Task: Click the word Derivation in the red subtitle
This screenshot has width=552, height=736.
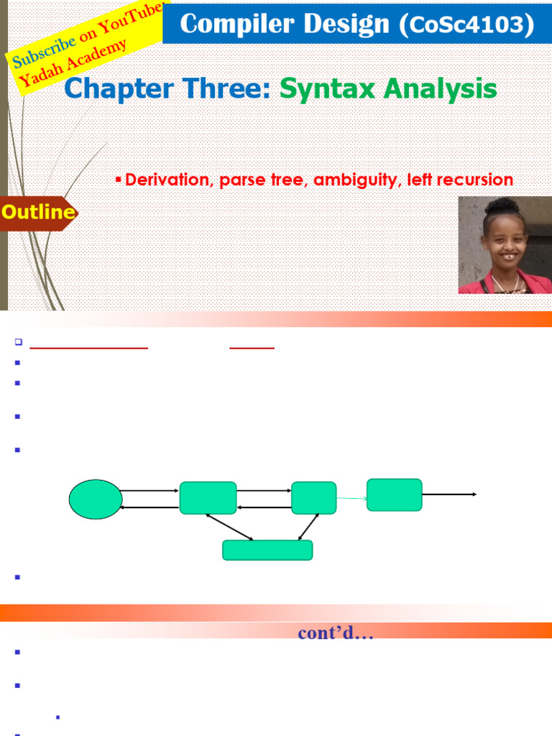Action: coord(165,180)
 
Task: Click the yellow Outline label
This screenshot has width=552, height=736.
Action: coord(38,212)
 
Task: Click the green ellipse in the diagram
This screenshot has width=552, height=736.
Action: coord(96,498)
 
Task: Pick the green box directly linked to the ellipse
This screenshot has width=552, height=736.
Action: coord(208,498)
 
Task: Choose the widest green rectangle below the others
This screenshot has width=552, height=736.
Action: coord(267,550)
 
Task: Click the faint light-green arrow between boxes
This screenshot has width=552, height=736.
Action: coord(351,497)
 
